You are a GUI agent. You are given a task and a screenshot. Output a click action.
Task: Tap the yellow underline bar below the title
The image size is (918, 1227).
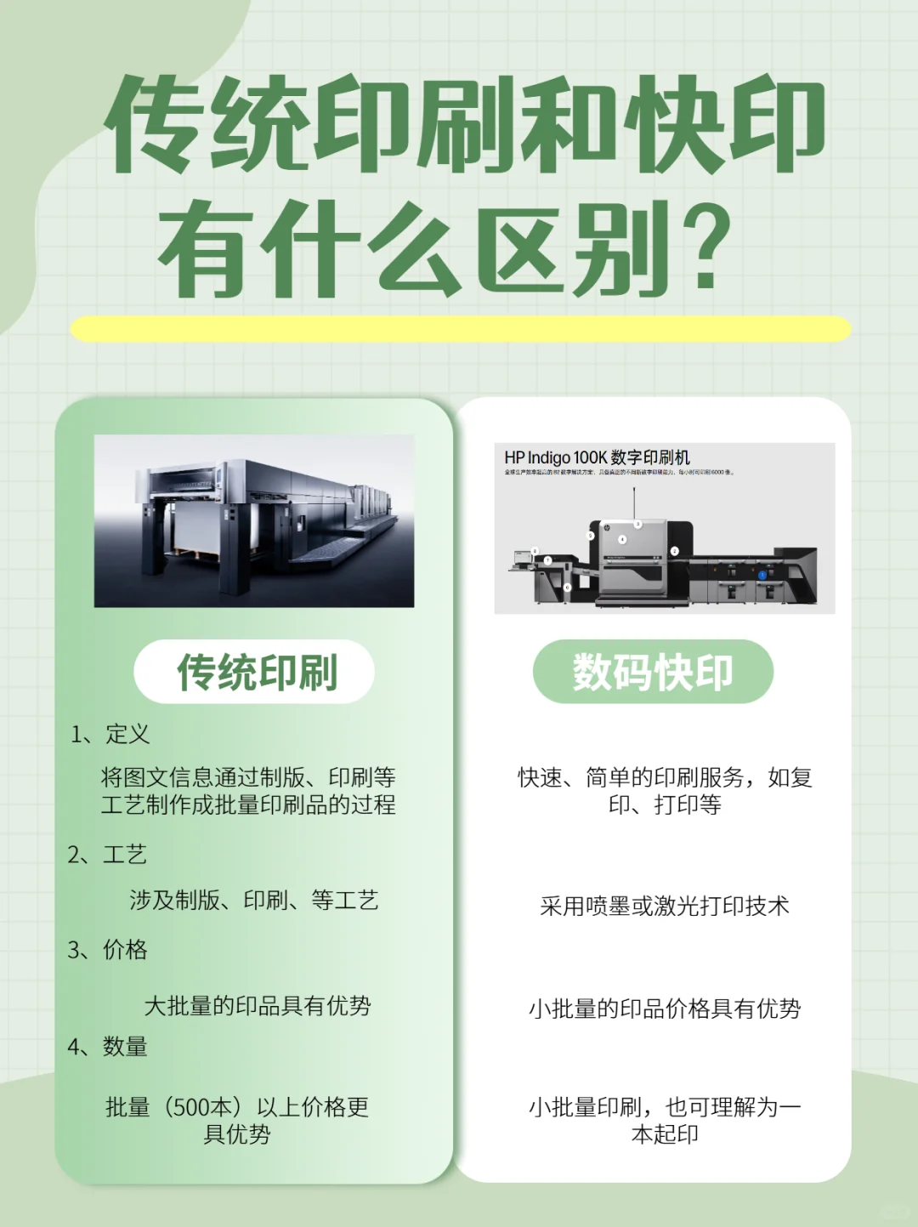pyautogui.click(x=460, y=329)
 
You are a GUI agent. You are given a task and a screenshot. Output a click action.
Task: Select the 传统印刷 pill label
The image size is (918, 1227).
pyautogui.click(x=255, y=672)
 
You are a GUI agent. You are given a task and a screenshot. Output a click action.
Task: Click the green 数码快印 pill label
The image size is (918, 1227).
pyautogui.click(x=653, y=672)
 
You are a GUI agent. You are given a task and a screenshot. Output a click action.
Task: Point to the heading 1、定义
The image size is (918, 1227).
pyautogui.click(x=110, y=734)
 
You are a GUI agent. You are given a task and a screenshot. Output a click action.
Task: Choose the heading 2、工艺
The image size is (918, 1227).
pyautogui.click(x=108, y=854)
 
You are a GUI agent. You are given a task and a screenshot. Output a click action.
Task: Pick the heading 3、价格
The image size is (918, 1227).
pyautogui.click(x=108, y=949)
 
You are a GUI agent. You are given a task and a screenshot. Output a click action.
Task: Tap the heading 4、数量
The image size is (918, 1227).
pyautogui.click(x=108, y=1046)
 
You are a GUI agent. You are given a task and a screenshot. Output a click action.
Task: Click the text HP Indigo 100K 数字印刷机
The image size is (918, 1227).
pyautogui.click(x=597, y=457)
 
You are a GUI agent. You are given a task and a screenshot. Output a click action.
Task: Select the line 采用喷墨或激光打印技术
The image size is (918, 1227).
pyautogui.click(x=665, y=906)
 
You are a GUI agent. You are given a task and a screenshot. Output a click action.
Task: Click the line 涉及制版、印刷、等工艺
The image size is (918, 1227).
pyautogui.click(x=254, y=900)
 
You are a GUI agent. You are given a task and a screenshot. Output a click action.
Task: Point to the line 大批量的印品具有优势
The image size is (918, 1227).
pyautogui.click(x=258, y=1006)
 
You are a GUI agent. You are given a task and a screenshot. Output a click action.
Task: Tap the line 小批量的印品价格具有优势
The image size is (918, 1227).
pyautogui.click(x=665, y=1008)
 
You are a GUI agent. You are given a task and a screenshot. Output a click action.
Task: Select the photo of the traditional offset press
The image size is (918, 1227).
pyautogui.click(x=254, y=520)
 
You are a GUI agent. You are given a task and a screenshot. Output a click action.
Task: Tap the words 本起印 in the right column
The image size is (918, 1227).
pyautogui.click(x=665, y=1134)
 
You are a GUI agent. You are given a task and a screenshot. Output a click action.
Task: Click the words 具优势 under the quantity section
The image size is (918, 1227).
pyautogui.click(x=237, y=1134)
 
